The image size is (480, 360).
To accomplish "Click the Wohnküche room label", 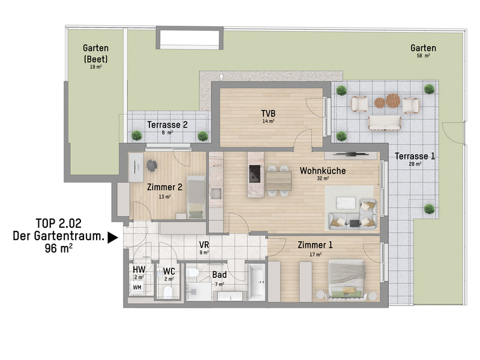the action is [323, 170].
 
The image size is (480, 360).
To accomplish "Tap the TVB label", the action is [268, 113].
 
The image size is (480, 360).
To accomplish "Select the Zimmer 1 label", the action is [315, 245].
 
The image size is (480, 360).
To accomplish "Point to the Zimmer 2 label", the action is [164, 187].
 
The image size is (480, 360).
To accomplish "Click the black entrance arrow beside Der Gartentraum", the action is [113, 238].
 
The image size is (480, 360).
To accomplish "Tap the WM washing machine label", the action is [137, 287].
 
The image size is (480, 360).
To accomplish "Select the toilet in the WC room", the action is [168, 292].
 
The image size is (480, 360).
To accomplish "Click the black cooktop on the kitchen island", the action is [254, 174].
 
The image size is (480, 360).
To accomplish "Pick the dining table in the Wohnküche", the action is [278, 181].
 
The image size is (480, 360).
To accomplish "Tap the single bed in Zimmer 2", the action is [196, 197].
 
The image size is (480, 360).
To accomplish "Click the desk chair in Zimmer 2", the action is [152, 166].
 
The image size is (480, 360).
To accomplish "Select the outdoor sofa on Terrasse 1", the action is [385, 124].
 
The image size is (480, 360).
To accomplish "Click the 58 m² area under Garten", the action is [424, 56].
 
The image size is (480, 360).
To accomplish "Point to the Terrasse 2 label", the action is [167, 125].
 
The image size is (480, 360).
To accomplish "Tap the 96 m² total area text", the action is [58, 248].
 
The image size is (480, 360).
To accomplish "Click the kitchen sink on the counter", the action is [216, 194].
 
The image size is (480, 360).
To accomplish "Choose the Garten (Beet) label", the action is [96, 53].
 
